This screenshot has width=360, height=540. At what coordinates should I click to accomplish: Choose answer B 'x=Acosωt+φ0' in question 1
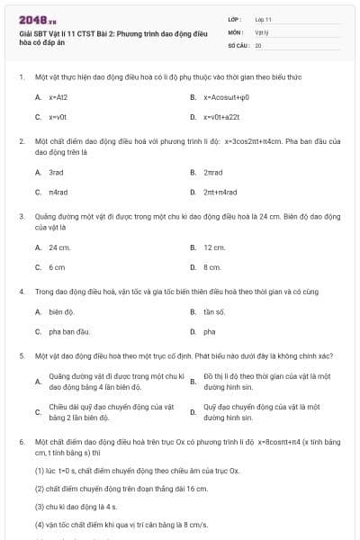[x=226, y=96]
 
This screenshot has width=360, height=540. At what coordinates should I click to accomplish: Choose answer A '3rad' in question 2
[x=56, y=171]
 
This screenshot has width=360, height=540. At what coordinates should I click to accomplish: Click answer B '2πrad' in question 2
[x=213, y=171]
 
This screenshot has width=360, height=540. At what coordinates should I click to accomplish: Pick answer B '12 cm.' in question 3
[x=214, y=247]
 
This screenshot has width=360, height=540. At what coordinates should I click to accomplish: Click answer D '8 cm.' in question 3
[x=212, y=267]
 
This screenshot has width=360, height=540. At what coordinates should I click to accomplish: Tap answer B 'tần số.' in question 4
[x=213, y=311]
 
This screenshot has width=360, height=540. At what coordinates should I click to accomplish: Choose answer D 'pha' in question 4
[x=209, y=332]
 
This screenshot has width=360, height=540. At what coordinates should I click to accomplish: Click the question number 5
[x=21, y=355]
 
